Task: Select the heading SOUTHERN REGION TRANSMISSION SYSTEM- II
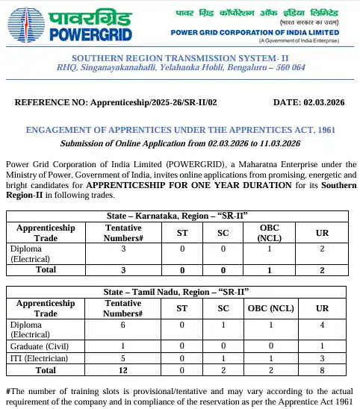[x=180, y=58]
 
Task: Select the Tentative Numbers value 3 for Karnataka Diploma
[x=123, y=249]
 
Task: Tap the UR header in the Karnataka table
[x=322, y=232]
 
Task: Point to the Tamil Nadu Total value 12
[x=123, y=369]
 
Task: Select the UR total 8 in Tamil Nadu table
[x=322, y=369]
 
